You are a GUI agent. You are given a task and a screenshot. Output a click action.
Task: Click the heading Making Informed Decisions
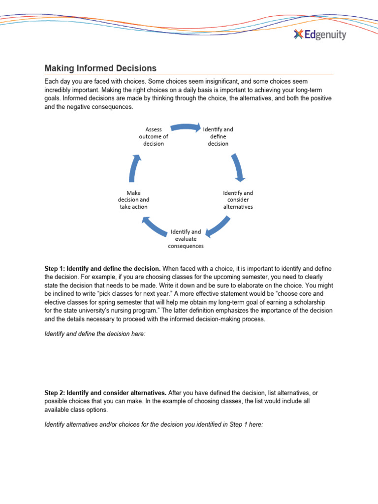click(100, 68)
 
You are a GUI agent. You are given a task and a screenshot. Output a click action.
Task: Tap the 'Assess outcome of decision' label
click(154, 136)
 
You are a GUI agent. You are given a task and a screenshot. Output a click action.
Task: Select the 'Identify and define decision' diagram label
click(218, 136)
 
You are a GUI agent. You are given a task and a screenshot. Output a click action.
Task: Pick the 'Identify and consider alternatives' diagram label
click(238, 200)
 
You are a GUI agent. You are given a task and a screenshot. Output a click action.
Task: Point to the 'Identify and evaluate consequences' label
click(186, 238)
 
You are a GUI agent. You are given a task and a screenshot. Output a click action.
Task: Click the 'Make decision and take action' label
click(133, 200)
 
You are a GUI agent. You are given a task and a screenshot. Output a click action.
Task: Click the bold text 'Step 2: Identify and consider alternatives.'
click(106, 393)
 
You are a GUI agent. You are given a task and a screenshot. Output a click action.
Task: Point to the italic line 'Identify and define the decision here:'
click(95, 334)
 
